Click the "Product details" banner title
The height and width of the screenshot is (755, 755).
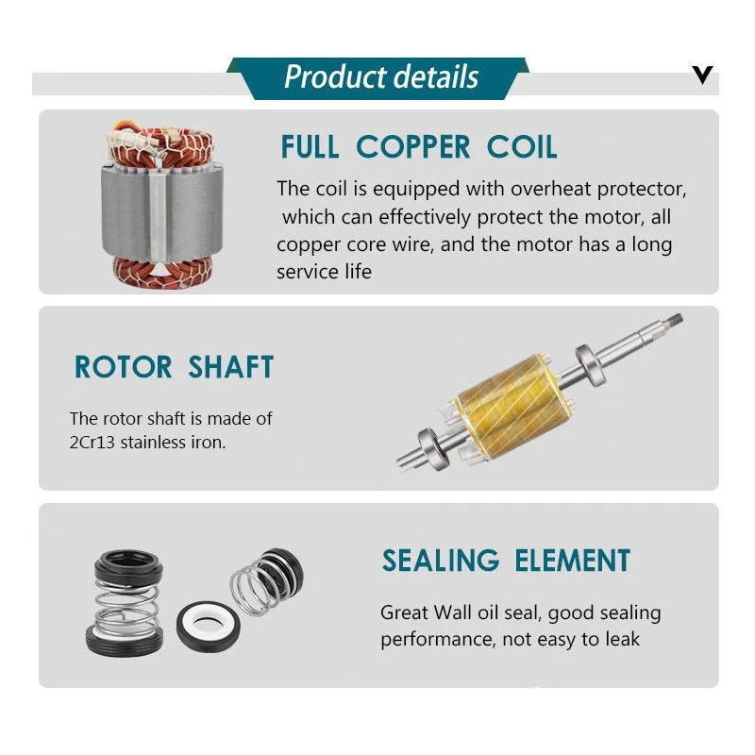[381, 77]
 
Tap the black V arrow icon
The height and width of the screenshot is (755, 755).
[702, 75]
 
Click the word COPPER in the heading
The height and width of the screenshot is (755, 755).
[412, 147]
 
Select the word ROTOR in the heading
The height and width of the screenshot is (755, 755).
[124, 367]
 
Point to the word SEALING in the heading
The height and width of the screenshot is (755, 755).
[441, 561]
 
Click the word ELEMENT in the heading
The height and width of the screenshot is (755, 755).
[573, 561]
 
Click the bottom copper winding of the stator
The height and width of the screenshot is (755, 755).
[162, 273]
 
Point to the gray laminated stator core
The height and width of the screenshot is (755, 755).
[162, 211]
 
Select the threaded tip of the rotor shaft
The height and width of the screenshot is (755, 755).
[674, 319]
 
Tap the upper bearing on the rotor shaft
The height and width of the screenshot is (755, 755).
[591, 365]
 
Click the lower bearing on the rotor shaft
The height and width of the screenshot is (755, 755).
[433, 449]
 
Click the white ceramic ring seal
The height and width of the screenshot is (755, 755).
[208, 626]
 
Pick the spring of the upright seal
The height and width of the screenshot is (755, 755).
[126, 608]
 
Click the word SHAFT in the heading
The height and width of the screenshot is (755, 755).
[230, 367]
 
